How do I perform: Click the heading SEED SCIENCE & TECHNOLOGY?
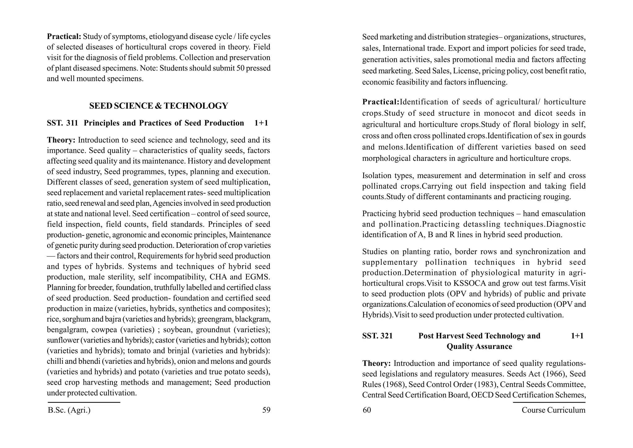159,106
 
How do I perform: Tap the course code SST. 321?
377,336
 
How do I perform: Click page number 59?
266,410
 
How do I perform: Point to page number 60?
367,410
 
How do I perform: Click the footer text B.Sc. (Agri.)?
69,410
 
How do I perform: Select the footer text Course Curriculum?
553,410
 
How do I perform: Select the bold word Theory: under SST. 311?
61,140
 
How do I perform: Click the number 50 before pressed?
241,68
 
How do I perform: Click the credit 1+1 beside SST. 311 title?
261,123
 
